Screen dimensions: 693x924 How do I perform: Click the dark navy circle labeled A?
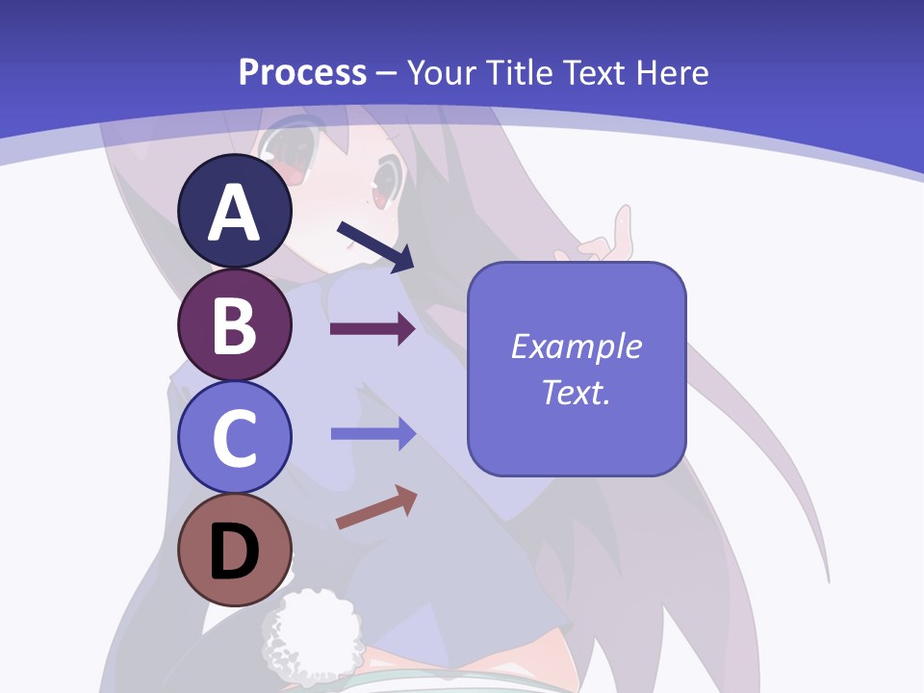point(234,212)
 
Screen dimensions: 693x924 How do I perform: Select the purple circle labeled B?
point(234,324)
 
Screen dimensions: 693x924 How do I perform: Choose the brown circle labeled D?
point(234,550)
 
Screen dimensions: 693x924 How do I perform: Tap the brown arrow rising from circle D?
point(376,507)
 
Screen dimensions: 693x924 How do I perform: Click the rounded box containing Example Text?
point(577,369)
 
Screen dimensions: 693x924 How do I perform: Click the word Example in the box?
point(577,346)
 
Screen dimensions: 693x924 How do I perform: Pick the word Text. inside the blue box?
point(576,393)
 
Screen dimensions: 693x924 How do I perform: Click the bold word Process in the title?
point(302,72)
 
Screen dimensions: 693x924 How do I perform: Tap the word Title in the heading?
point(518,72)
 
